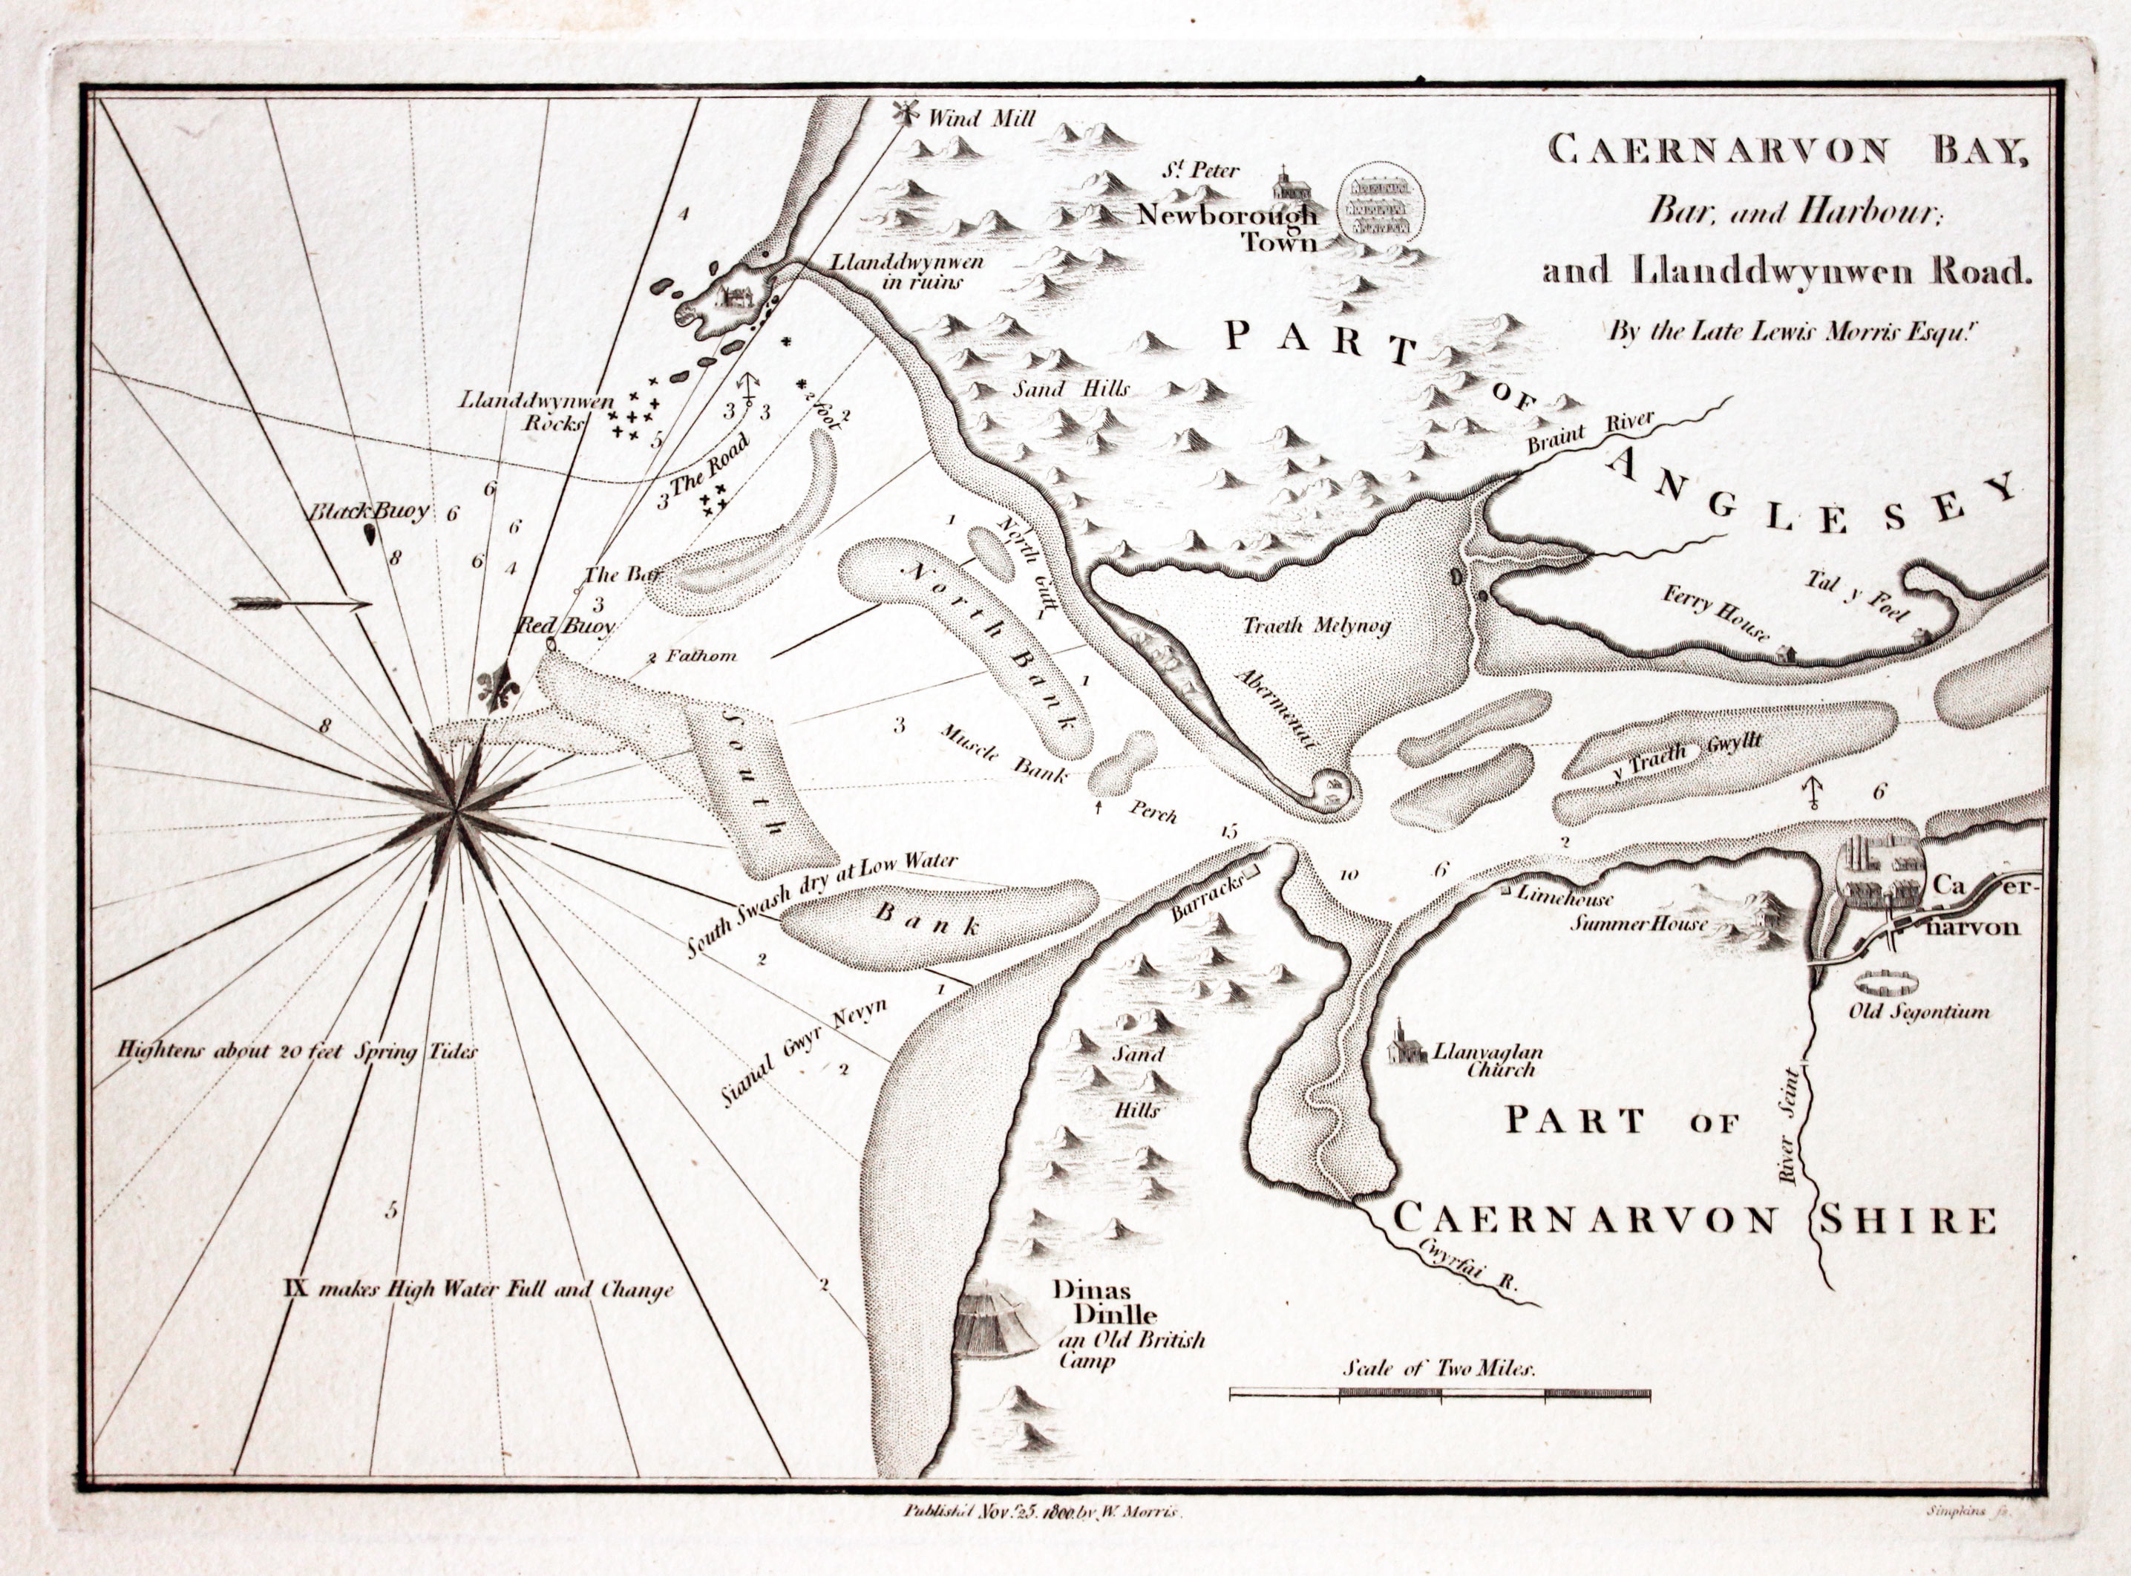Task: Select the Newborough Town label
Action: coord(1228,227)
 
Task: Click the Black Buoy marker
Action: coord(368,534)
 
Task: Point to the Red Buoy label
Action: coord(565,626)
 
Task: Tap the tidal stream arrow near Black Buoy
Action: coord(301,603)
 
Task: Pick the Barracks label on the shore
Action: coord(1207,900)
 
